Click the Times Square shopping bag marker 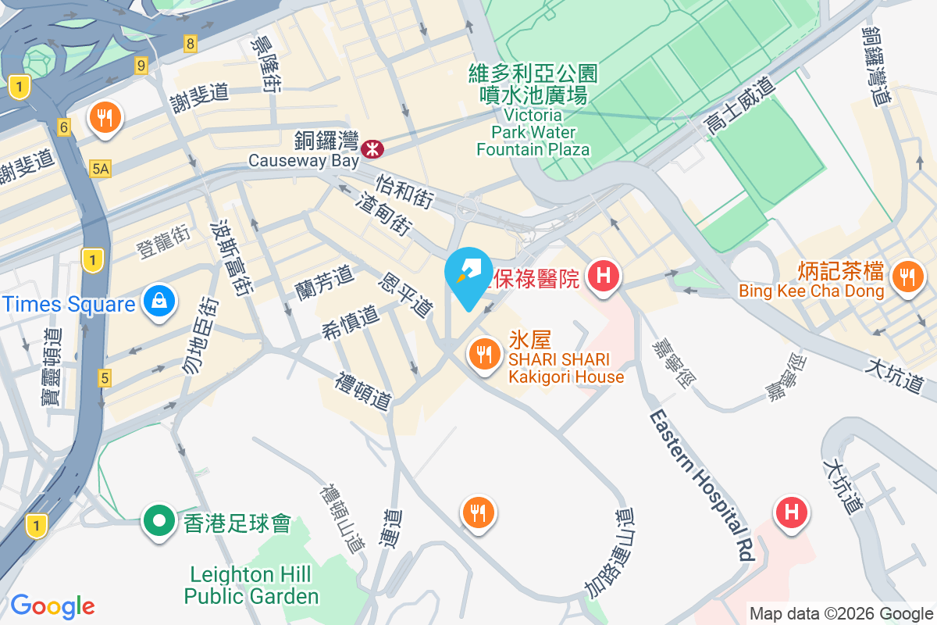tap(159, 302)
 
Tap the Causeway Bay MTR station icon tap(372, 146)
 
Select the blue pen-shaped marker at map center tap(468, 275)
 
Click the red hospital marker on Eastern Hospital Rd tap(790, 514)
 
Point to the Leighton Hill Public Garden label tap(251, 586)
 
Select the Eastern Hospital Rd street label tap(700, 484)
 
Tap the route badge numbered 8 tap(191, 43)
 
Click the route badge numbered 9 tap(141, 65)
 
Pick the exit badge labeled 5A tap(100, 168)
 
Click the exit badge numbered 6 tap(64, 126)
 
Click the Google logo tap(52, 605)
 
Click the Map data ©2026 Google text tap(841, 613)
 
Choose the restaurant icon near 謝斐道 tap(104, 118)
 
